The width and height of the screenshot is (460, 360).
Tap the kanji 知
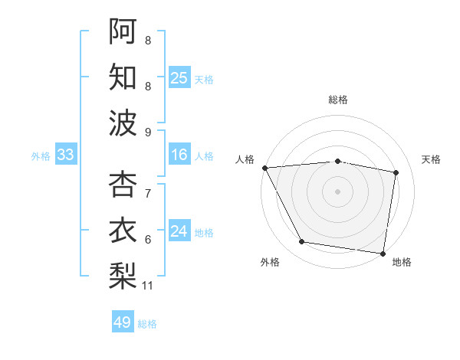(x=123, y=77)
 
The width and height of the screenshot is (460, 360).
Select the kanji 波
(x=123, y=123)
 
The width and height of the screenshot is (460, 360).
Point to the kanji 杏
(x=123, y=184)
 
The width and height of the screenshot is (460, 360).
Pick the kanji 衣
(x=123, y=231)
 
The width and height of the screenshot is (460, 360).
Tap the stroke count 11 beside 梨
(x=148, y=286)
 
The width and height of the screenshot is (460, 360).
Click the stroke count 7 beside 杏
(x=148, y=193)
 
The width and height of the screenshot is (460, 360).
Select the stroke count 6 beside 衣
(x=148, y=240)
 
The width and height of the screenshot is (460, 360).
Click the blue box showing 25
(x=179, y=77)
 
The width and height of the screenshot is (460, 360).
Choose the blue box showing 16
(x=179, y=155)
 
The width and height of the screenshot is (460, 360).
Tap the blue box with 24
(x=179, y=231)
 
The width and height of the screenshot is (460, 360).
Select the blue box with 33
(x=66, y=155)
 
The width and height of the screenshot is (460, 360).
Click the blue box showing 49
(x=123, y=322)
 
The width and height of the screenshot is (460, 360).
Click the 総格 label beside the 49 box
(x=148, y=324)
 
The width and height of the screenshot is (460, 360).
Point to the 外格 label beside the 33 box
(x=41, y=156)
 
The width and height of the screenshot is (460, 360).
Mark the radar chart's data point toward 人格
(x=264, y=167)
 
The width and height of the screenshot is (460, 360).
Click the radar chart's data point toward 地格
(x=383, y=253)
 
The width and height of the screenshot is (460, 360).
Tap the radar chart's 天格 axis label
(x=431, y=159)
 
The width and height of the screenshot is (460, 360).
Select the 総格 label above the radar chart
(x=338, y=100)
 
